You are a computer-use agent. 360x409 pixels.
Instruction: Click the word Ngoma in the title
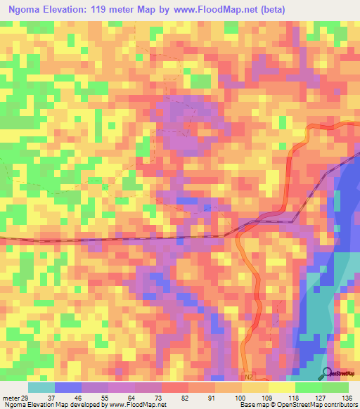tap(27, 10)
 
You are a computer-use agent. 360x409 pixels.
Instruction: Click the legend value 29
tap(26, 397)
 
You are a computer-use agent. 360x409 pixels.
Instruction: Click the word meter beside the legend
tap(11, 397)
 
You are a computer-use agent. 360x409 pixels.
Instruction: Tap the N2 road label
tap(248, 377)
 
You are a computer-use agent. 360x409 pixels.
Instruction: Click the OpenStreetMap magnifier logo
tap(327, 375)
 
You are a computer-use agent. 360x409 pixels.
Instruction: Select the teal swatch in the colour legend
tap(41, 387)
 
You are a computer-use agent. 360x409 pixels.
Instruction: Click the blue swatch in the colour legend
tap(68, 387)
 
